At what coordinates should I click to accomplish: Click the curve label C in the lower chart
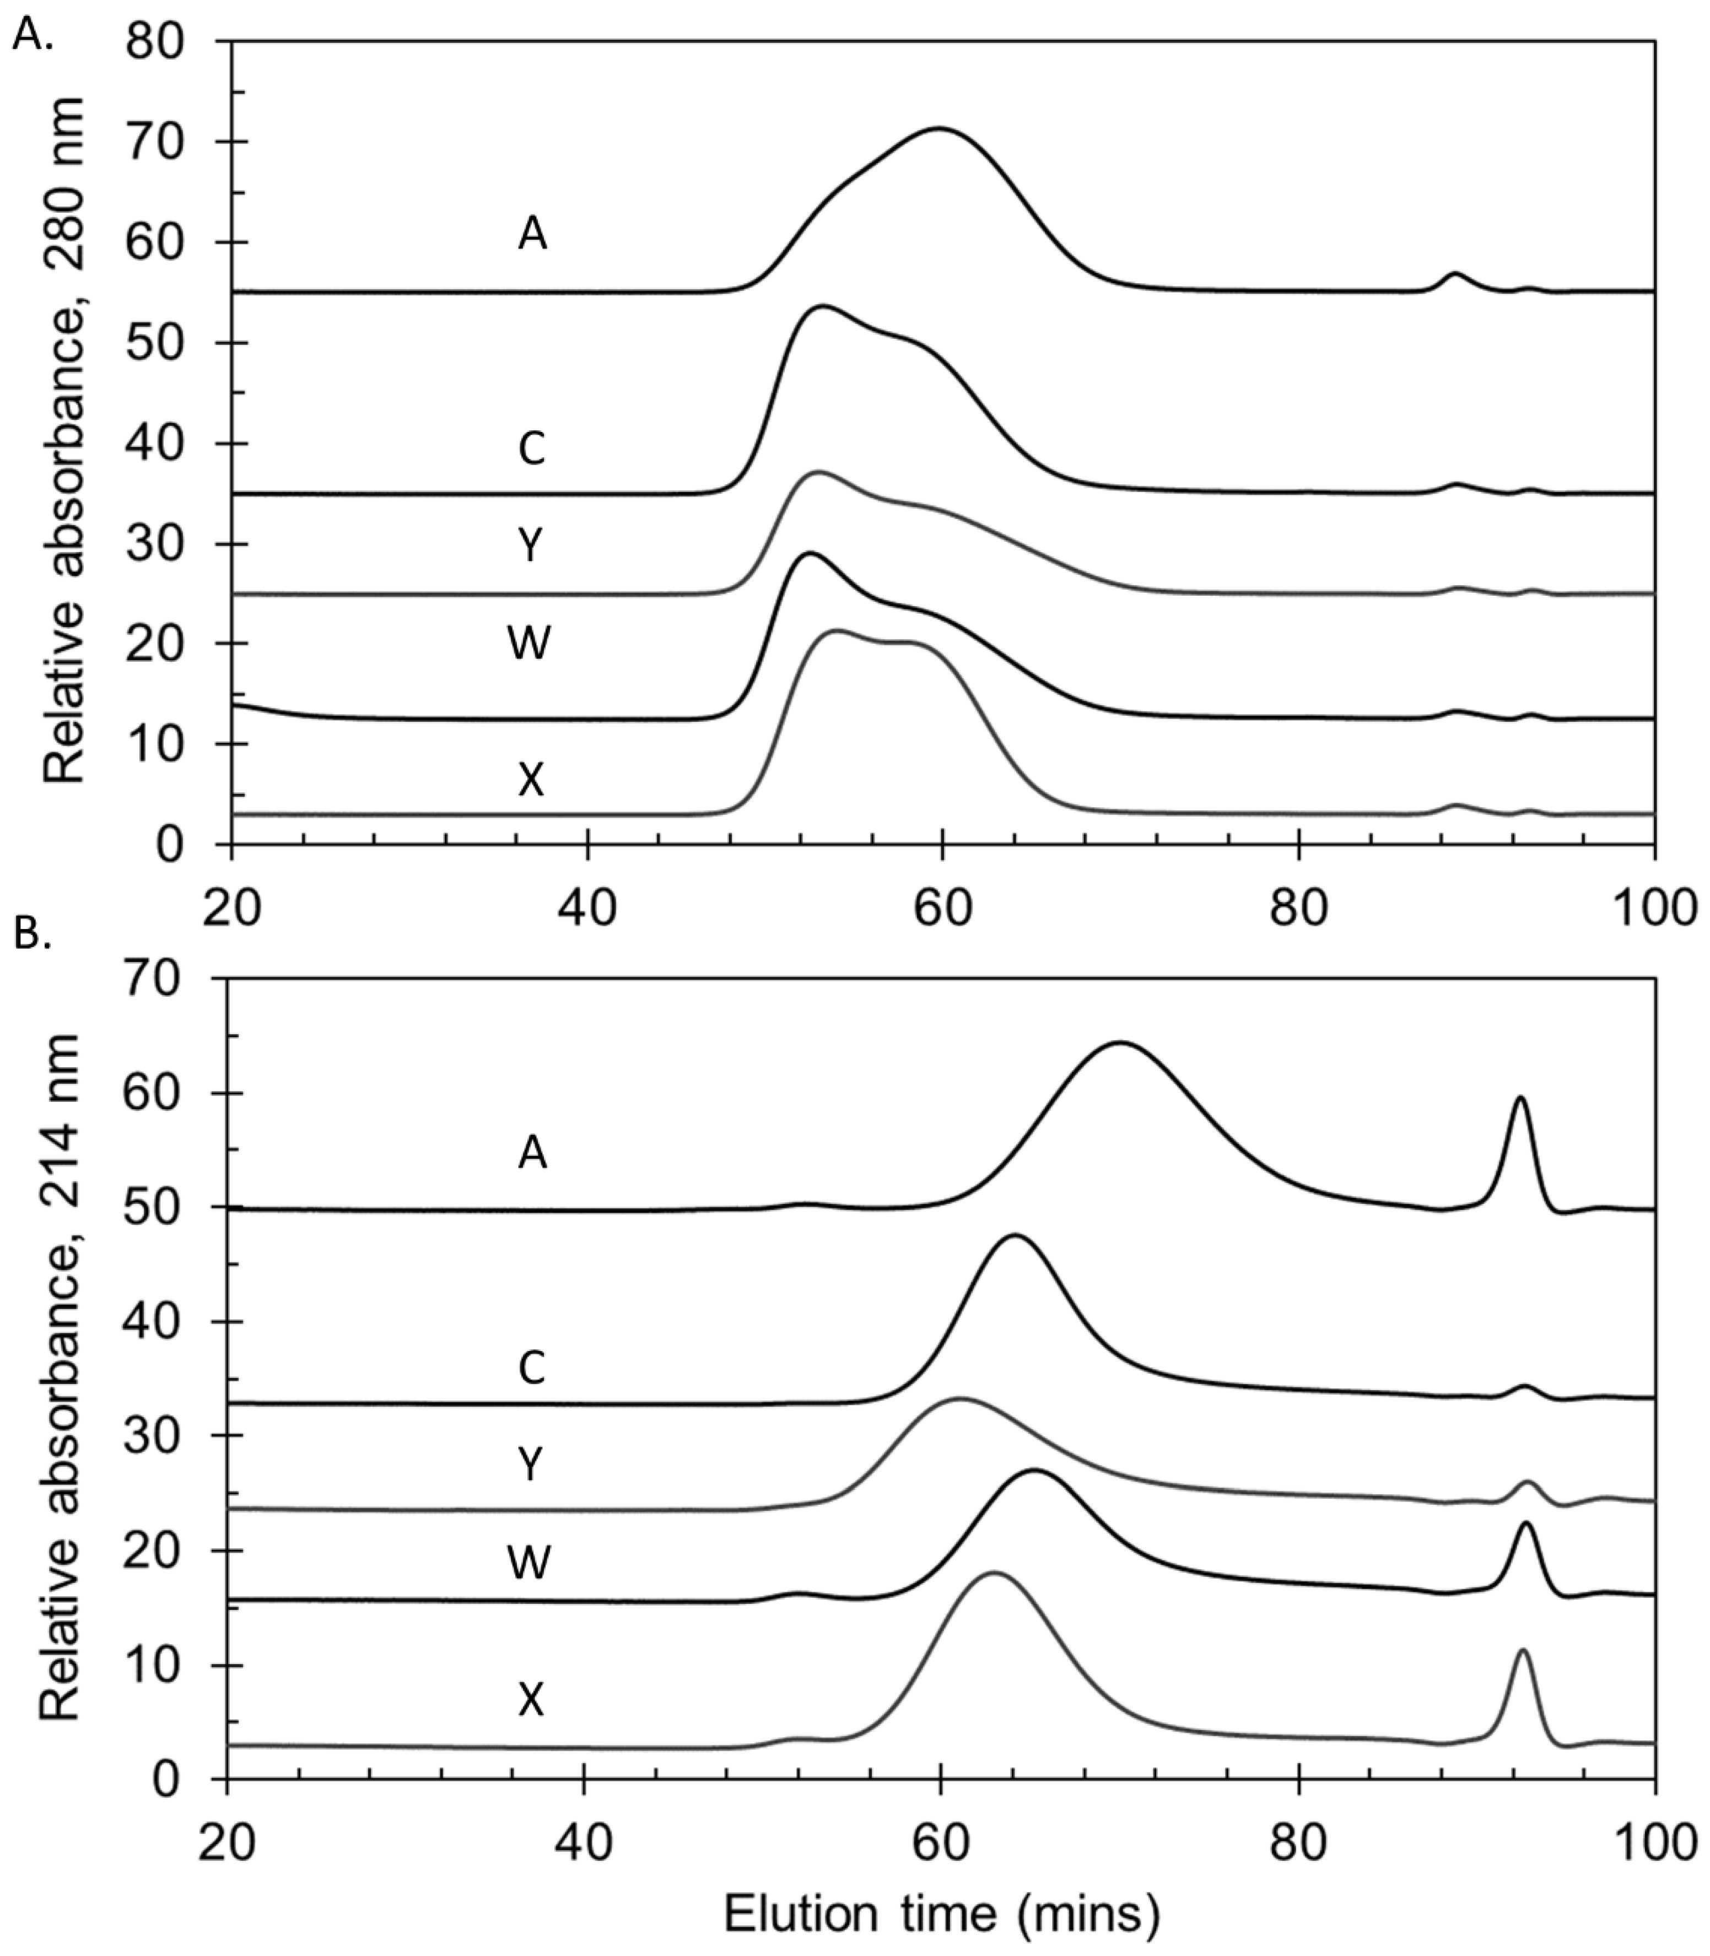click(531, 1368)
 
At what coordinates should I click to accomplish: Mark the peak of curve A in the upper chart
click(940, 128)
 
